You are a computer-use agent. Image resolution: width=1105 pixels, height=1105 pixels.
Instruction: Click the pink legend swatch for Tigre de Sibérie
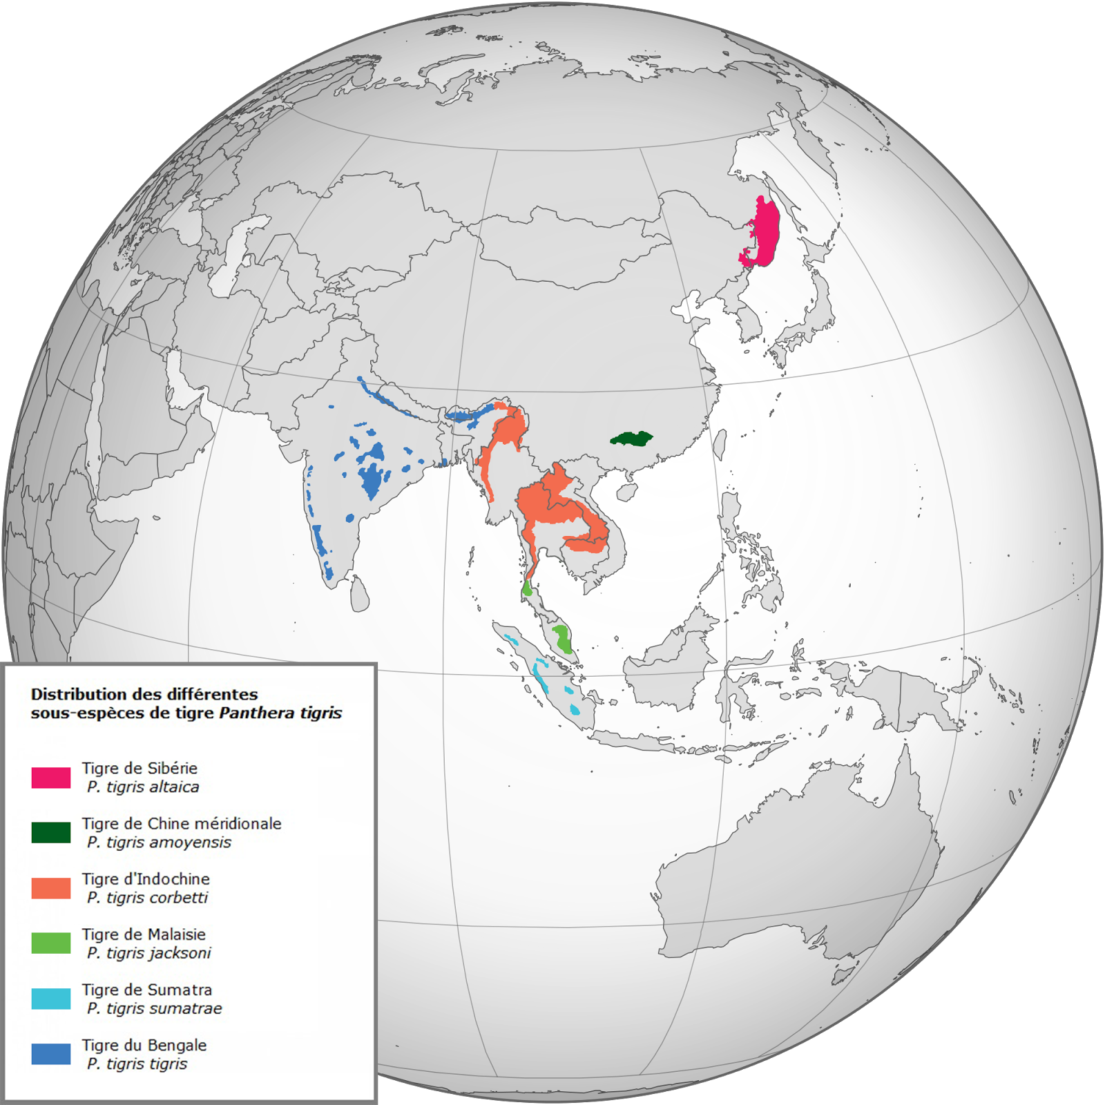[x=50, y=777]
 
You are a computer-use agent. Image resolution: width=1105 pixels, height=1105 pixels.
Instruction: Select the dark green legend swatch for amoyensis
[x=50, y=832]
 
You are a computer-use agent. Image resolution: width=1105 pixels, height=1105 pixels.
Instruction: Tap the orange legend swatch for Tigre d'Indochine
[x=50, y=887]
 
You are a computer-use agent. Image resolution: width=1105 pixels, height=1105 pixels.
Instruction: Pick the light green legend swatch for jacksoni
[x=50, y=943]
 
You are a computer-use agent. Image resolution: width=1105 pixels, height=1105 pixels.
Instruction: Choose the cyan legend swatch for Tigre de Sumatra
[x=50, y=999]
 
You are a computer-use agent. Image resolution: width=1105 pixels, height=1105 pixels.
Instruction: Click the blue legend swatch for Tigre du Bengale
[x=50, y=1054]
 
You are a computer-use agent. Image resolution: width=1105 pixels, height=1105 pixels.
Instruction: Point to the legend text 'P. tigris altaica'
[x=143, y=787]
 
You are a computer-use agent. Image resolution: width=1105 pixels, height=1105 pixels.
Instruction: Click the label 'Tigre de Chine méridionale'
[x=182, y=823]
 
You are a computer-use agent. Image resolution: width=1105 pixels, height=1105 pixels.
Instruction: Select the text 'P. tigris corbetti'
[x=147, y=898]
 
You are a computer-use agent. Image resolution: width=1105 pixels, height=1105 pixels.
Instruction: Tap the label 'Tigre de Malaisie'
[x=144, y=934]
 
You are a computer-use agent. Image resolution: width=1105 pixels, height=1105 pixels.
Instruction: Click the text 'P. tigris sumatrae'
[x=155, y=1009]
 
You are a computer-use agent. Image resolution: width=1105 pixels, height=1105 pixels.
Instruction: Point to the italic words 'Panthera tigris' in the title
[x=280, y=713]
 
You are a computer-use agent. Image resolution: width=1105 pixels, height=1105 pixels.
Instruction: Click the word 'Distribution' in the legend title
[x=76, y=694]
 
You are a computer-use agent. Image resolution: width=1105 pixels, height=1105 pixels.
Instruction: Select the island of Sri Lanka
[x=358, y=594]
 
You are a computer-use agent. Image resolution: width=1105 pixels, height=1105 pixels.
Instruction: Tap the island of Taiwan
[x=720, y=444]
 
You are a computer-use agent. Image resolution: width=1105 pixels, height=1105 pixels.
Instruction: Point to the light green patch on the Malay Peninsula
[x=562, y=638]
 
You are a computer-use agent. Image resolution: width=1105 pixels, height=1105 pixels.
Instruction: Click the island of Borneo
[x=673, y=663]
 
